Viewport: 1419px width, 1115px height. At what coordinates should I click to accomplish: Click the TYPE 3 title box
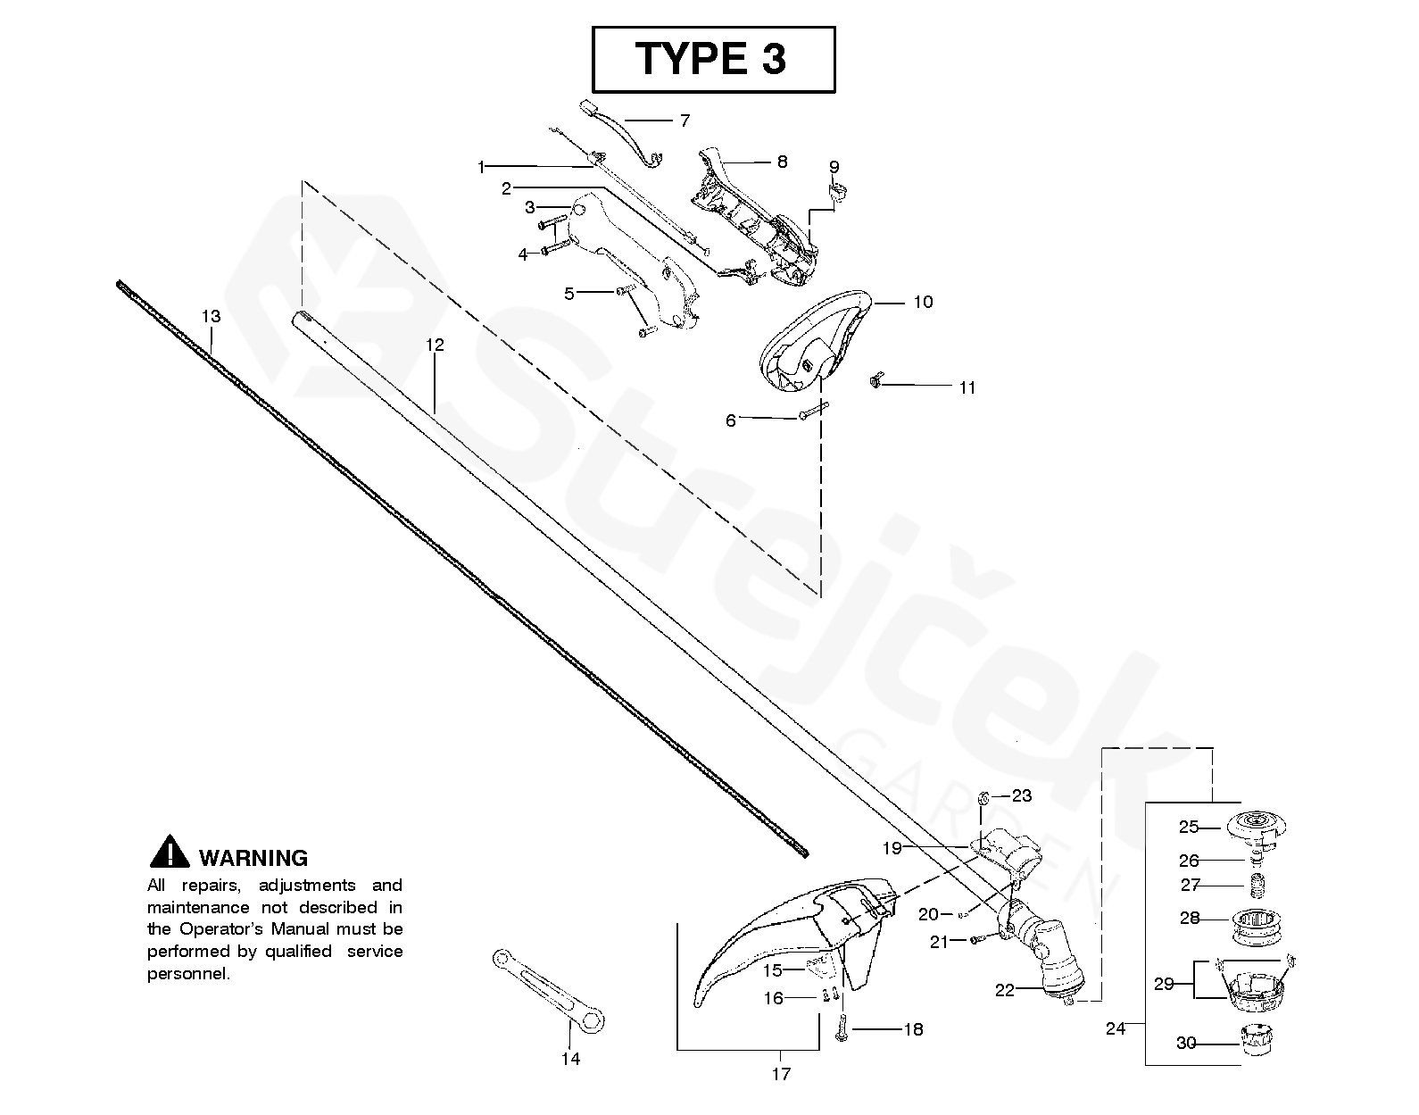pyautogui.click(x=713, y=59)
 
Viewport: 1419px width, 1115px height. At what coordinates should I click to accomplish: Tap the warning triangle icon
pyautogui.click(x=169, y=853)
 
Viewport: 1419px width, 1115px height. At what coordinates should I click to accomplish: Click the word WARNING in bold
pyautogui.click(x=253, y=858)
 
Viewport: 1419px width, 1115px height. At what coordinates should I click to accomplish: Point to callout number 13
pyautogui.click(x=211, y=316)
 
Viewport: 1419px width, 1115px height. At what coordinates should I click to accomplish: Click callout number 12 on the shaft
pyautogui.click(x=435, y=345)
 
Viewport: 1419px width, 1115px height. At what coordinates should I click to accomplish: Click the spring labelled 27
pyautogui.click(x=1257, y=886)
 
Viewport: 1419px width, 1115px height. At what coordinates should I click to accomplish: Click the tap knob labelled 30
pyautogui.click(x=1257, y=1041)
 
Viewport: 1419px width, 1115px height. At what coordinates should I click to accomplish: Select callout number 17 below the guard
pyautogui.click(x=781, y=1074)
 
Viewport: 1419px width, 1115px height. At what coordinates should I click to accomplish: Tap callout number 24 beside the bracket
pyautogui.click(x=1116, y=1028)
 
